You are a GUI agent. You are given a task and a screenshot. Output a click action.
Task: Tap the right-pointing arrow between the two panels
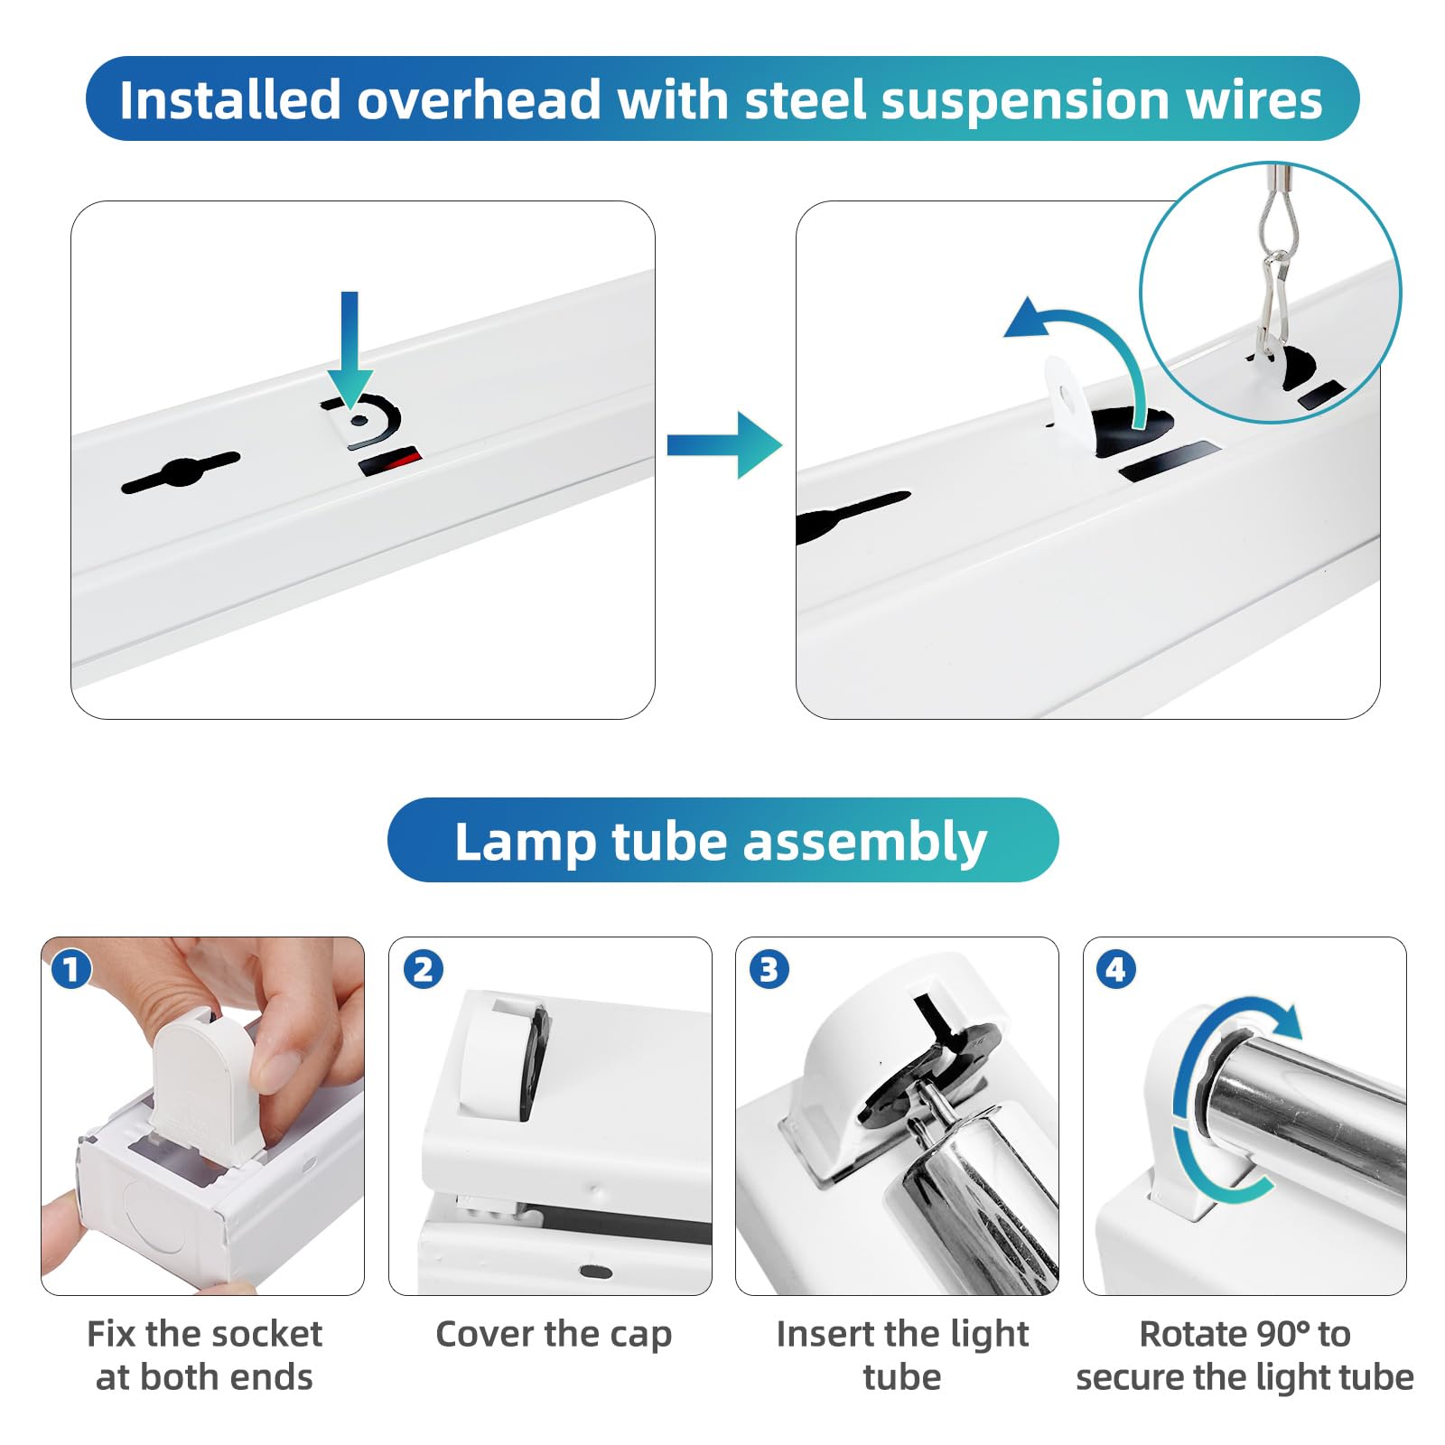click(x=723, y=444)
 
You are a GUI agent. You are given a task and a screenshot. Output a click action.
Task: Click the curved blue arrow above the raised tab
click(x=1084, y=343)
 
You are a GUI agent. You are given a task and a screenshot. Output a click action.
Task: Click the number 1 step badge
click(x=71, y=970)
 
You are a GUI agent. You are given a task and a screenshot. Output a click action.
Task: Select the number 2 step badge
click(x=423, y=970)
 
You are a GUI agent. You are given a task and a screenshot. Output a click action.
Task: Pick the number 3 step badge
click(x=769, y=970)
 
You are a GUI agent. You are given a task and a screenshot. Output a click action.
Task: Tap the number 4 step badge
click(x=1115, y=970)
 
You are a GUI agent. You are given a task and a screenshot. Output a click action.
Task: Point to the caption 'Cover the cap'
click(x=553, y=1334)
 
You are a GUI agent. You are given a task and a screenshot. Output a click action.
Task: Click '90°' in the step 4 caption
click(x=1274, y=1334)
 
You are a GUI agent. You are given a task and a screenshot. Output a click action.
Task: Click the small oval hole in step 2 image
click(x=594, y=1272)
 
